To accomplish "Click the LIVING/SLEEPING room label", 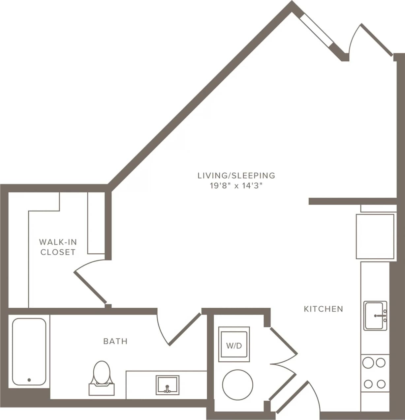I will [236, 175].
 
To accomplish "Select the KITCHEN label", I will [323, 309].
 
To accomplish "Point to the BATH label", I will [115, 341].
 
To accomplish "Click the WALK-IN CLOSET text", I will [58, 247].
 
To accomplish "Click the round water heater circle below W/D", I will [237, 385].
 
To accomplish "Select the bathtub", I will [29, 351].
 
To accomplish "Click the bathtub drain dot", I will [29, 380].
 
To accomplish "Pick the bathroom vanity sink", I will [168, 385].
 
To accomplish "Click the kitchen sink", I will [375, 316].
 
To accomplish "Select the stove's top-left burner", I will [368, 363].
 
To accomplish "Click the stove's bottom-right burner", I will [381, 384].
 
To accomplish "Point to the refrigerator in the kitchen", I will [375, 237].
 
